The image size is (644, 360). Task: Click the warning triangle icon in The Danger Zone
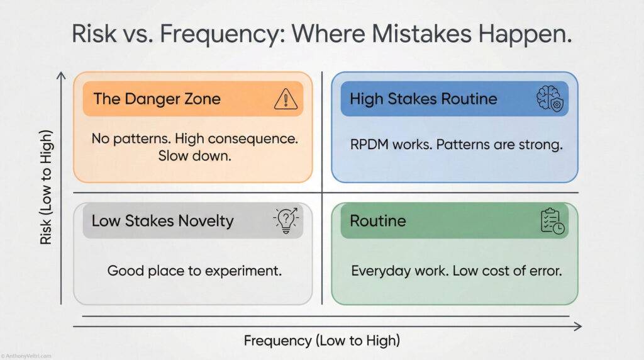tap(286, 99)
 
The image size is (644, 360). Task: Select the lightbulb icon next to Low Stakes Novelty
tap(286, 220)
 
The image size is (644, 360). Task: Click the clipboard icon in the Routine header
tap(552, 221)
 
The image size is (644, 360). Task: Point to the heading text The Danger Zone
tap(157, 99)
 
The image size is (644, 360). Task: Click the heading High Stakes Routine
tap(423, 99)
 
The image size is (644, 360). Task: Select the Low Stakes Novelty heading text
tap(162, 221)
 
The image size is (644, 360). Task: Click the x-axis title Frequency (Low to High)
tap(321, 341)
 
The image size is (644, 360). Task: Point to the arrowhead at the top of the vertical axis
tap(61, 76)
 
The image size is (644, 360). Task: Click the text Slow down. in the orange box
tap(192, 155)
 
